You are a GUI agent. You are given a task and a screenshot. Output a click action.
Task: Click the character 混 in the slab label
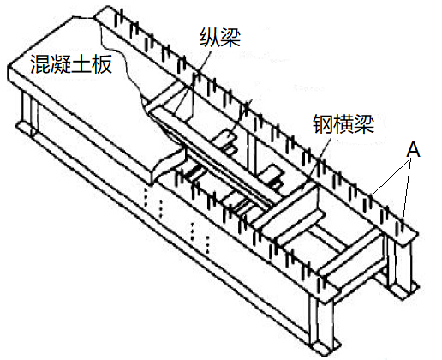[x=40, y=64]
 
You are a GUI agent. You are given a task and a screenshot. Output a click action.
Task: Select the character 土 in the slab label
[x=81, y=64]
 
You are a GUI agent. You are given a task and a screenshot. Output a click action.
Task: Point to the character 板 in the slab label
[x=102, y=64]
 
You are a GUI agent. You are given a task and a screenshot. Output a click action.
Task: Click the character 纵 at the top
[x=210, y=37]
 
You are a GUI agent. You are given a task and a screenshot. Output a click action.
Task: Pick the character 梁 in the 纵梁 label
[x=230, y=37]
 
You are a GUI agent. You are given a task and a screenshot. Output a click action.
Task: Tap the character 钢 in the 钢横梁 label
[x=323, y=124]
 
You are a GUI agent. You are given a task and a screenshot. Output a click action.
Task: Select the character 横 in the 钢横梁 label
[x=343, y=124]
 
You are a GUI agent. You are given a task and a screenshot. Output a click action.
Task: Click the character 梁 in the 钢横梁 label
[x=364, y=124]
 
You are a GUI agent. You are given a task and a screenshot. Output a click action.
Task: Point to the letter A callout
[x=414, y=150]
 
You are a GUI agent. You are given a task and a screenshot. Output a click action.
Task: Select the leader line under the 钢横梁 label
[x=316, y=162]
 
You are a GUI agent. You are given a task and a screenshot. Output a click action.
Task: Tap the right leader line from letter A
[x=407, y=189]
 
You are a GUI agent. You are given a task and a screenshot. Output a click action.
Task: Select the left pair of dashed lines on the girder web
[x=153, y=202]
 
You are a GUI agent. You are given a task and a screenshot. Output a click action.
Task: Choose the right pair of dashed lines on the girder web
[x=200, y=238]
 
